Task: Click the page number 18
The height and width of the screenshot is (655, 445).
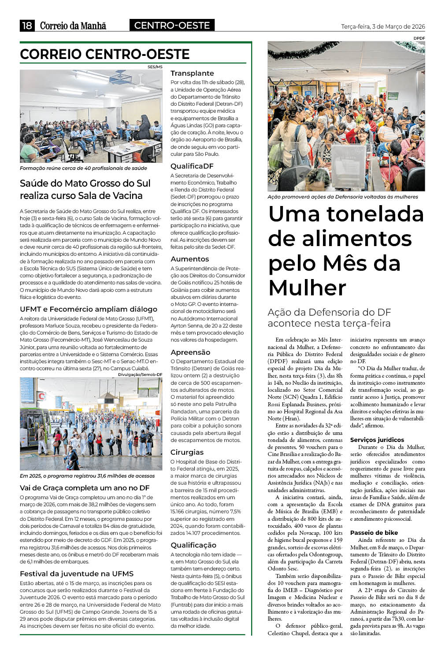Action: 27,26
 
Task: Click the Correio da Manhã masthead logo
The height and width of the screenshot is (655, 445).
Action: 73,26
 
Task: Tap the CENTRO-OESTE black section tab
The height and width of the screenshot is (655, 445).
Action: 172,26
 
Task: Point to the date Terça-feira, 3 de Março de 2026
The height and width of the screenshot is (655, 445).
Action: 383,26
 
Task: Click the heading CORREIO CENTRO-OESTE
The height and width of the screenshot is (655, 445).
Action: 105,54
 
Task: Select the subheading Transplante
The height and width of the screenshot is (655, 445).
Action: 192,73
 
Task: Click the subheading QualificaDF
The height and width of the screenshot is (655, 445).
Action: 192,166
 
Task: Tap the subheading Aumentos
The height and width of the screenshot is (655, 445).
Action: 189,259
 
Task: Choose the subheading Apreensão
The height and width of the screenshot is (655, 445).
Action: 190,352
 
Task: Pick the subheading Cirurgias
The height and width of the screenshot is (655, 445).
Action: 187,452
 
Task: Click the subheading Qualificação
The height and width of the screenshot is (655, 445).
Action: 193,545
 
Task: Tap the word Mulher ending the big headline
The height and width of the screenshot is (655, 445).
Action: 307,288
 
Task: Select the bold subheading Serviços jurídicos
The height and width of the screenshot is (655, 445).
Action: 377,440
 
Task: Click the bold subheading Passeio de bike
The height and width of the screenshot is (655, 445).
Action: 374,533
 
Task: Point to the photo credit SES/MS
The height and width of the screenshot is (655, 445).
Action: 155,67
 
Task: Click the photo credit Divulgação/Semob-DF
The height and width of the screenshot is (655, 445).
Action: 140,374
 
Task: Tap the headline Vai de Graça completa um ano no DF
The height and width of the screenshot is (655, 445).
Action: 85,488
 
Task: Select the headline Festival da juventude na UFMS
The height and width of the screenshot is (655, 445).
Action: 77,574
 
